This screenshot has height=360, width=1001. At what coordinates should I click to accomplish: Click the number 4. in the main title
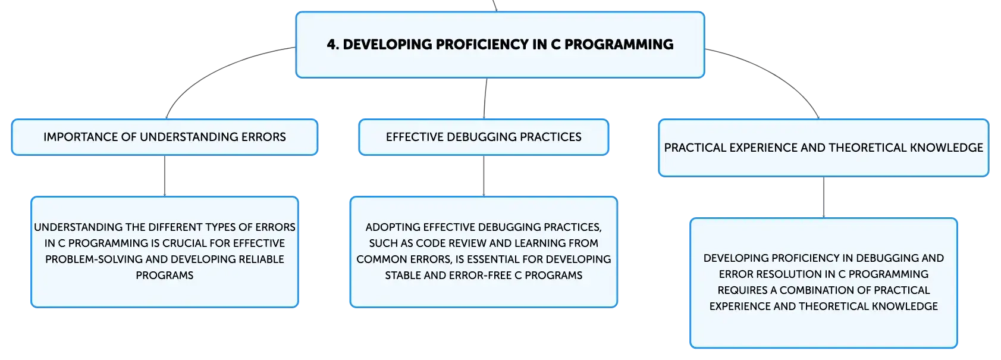pyautogui.click(x=333, y=44)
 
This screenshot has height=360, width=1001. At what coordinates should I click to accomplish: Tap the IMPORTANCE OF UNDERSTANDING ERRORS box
pyautogui.click(x=164, y=137)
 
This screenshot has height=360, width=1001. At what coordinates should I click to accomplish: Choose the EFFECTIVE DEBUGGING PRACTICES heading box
pyautogui.click(x=484, y=137)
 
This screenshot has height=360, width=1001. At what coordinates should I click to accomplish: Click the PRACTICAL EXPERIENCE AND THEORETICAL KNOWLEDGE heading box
pyautogui.click(x=824, y=148)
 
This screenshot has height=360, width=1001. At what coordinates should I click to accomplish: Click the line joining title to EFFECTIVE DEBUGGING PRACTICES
pyautogui.click(x=485, y=98)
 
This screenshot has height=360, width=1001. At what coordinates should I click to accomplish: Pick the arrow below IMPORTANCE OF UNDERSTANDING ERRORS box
pyautogui.click(x=164, y=176)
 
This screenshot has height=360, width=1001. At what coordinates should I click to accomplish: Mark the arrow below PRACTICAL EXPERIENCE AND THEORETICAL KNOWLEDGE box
pyautogui.click(x=824, y=198)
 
